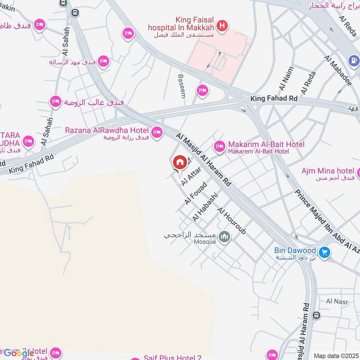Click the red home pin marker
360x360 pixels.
coord(180,162)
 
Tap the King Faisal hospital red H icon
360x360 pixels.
coord(221,27)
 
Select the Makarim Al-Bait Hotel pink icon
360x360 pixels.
coord(220,146)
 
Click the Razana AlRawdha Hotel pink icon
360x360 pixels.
coord(157,132)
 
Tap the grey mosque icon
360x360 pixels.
coord(224,236)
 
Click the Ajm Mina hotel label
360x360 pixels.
coord(328,171)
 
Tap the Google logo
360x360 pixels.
coord(19,353)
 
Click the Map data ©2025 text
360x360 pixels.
coord(335,356)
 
